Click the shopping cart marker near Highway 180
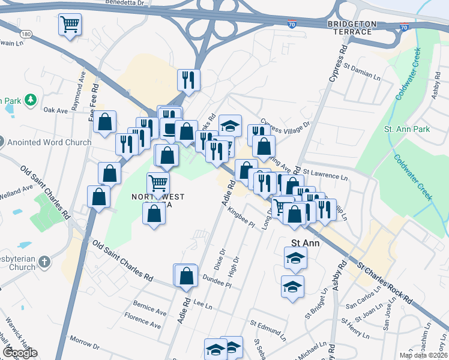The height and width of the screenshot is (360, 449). point(70,25)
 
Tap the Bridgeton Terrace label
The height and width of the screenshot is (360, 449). point(352,23)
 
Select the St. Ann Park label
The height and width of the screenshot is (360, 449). point(407,129)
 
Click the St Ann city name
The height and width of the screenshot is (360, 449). point(303,244)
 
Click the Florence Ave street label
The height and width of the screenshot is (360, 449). point(142,320)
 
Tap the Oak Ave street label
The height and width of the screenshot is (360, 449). point(56,110)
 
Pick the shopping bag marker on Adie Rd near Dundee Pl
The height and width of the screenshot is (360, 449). point(187,275)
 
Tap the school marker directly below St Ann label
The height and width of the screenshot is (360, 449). point(295,258)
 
